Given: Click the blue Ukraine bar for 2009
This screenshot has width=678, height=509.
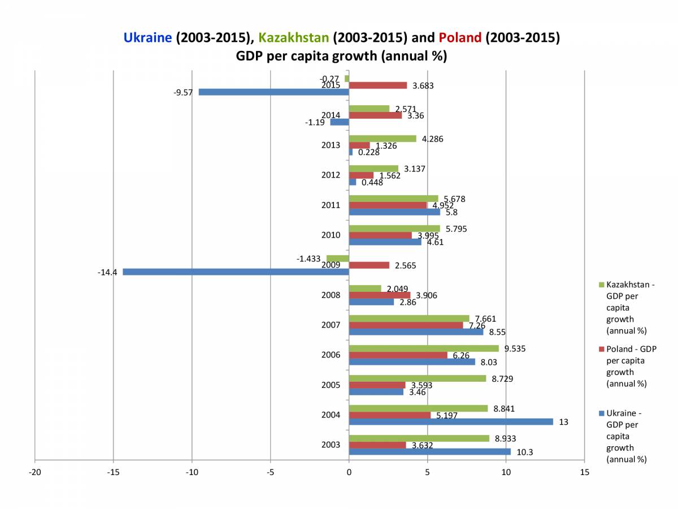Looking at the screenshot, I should (236, 272).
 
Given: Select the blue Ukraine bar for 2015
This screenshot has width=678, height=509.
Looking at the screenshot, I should (273, 92).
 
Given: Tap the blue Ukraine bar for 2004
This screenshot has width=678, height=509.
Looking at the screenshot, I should (451, 421).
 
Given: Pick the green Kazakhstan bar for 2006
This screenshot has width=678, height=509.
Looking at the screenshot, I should (424, 348).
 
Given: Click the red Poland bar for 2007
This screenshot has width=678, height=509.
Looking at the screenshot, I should (406, 325).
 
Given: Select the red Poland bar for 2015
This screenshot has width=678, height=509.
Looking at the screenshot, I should (378, 85).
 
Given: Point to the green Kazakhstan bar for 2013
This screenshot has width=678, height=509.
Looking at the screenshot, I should (383, 139).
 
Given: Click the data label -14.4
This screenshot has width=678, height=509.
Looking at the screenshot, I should (107, 272).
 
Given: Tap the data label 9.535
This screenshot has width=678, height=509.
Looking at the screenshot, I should (515, 348).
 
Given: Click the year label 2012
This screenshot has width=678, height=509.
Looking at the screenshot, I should (331, 175).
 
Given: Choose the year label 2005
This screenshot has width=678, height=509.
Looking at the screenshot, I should (331, 385).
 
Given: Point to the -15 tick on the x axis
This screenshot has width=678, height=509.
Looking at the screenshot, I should (113, 472).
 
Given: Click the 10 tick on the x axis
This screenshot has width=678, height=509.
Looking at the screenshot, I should (506, 472).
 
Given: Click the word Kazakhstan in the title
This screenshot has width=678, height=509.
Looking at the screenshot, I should (294, 38).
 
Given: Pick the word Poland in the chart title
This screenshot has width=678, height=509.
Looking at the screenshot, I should (460, 38).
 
